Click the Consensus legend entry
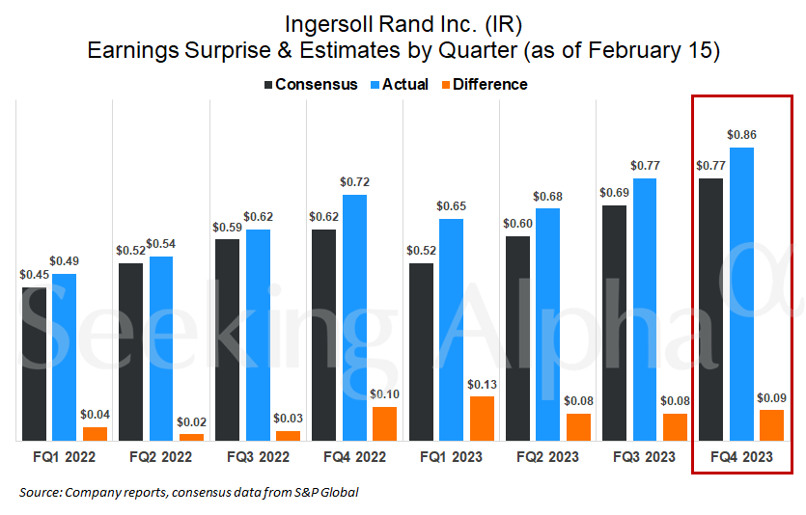point(310,84)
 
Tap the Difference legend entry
point(483,84)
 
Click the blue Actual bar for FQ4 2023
point(741,294)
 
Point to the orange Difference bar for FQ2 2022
point(191,437)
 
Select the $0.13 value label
point(482,384)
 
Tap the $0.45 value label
point(34,274)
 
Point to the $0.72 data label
point(354,181)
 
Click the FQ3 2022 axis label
point(258,456)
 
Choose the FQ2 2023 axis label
point(547,456)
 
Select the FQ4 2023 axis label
point(741,457)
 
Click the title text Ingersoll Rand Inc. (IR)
point(403,22)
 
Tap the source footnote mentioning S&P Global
point(188,493)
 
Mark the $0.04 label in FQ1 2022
point(95,414)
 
